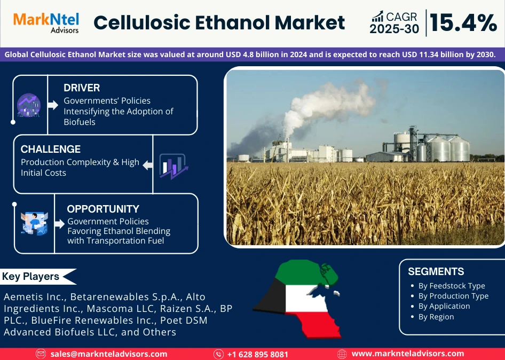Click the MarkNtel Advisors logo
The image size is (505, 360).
pos(46,22)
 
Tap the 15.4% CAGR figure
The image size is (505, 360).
pos(463,22)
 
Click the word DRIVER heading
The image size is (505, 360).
pos(82,88)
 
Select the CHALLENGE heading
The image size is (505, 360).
pos(51,149)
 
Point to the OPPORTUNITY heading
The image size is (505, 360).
pos(103,209)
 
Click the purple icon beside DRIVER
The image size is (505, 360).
pos(29,105)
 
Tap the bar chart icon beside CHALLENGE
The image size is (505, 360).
pos(173,166)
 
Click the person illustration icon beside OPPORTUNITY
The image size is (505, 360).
pos(34,223)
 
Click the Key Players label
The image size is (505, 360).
pos(30,277)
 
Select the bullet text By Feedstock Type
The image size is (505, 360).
pos(452,286)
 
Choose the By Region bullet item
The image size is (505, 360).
pos(436,317)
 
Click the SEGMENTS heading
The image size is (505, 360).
pos(436,271)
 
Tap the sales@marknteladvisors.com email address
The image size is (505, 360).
pos(108,354)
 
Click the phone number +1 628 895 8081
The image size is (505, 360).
pos(258,354)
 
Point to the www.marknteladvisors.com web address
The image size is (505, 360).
pos(408,354)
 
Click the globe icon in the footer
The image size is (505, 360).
pos(342,354)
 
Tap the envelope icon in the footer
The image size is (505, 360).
pos(41,354)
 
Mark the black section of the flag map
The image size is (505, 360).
pos(270,296)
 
